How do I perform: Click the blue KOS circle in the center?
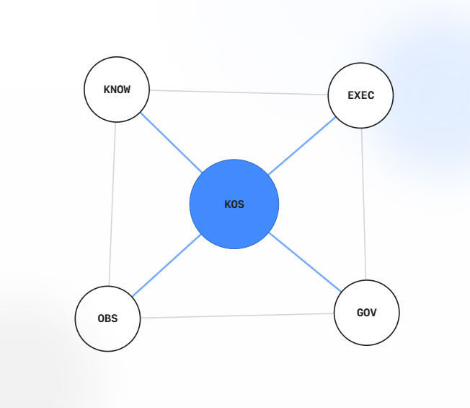pyautogui.click(x=234, y=204)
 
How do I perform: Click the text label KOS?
pyautogui.click(x=234, y=204)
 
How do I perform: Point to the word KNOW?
pyautogui.click(x=117, y=90)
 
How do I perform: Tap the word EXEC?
pyautogui.click(x=361, y=95)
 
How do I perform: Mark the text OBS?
pyautogui.click(x=107, y=318)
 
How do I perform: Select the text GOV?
pyautogui.click(x=367, y=313)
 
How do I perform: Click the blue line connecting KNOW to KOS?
pyautogui.click(x=171, y=142)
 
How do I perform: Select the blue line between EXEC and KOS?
pyautogui.click(x=302, y=146)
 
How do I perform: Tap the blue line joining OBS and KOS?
pyautogui.click(x=167, y=266)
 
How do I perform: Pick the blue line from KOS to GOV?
pyautogui.click(x=305, y=262)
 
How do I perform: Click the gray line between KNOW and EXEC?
pyautogui.click(x=239, y=92)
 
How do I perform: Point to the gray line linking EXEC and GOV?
pyautogui.click(x=363, y=204)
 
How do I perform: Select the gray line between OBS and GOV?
pyautogui.click(x=237, y=316)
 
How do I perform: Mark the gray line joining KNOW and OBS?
pyautogui.click(x=112, y=204)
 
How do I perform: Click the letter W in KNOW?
pyautogui.click(x=126, y=90)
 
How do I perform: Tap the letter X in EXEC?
pyautogui.click(x=358, y=95)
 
